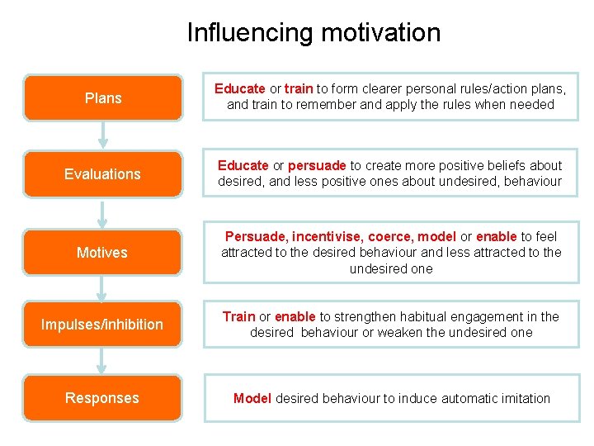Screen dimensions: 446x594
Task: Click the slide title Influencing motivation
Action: coord(313,32)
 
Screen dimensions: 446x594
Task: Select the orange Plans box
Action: coord(103,98)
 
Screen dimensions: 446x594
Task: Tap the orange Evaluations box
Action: coord(103,174)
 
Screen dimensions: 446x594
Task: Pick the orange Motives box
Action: coord(102,252)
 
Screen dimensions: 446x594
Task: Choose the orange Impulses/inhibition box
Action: coord(102,325)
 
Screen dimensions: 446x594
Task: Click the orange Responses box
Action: coord(102,398)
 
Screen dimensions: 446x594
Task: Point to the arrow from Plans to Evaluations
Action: coord(103,135)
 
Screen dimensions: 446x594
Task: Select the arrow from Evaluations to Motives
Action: coord(102,212)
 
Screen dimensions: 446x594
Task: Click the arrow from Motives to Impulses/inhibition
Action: coord(102,287)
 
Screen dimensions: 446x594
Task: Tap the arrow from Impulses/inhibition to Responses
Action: coord(102,361)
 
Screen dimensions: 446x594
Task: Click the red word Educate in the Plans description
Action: coord(240,88)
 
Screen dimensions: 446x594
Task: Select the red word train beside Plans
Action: coord(298,88)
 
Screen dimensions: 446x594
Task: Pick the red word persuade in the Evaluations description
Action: coord(318,165)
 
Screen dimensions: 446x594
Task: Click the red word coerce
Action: coord(391,236)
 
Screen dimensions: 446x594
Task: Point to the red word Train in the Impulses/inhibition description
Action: coord(238,316)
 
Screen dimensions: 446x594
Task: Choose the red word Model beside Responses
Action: coord(252,398)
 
